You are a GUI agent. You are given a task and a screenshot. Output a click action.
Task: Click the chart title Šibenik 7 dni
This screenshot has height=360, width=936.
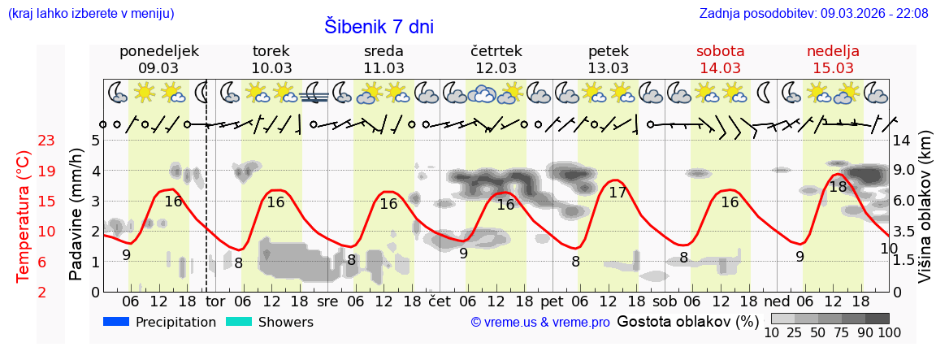click(379, 26)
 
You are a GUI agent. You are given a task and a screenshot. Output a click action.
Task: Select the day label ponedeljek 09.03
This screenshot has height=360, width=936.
click(158, 59)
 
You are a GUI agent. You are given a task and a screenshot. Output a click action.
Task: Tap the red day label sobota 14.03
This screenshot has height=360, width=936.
click(720, 59)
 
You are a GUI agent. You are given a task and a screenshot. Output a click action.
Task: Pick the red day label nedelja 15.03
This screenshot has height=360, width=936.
click(833, 59)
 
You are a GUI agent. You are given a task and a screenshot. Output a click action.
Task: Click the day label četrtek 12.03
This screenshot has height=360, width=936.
click(496, 59)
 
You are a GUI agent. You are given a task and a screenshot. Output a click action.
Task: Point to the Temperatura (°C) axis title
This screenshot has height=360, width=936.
click(24, 215)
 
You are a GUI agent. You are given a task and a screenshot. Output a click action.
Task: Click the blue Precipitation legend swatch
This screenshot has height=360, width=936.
click(117, 322)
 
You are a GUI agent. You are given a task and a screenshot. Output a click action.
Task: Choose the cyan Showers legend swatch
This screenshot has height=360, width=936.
click(239, 322)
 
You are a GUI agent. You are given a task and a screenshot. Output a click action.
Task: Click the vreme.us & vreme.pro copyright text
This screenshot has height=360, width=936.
click(540, 323)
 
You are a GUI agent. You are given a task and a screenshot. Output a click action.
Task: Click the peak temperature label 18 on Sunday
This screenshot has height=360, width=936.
click(838, 186)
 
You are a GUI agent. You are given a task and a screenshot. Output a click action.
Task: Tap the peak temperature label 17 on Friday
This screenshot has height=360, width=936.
click(617, 193)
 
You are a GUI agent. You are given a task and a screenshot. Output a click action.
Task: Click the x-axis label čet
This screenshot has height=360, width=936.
click(439, 301)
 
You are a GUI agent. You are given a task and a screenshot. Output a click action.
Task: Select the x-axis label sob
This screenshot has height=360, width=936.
click(665, 301)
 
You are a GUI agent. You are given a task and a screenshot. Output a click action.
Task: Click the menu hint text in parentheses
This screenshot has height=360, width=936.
click(90, 13)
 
